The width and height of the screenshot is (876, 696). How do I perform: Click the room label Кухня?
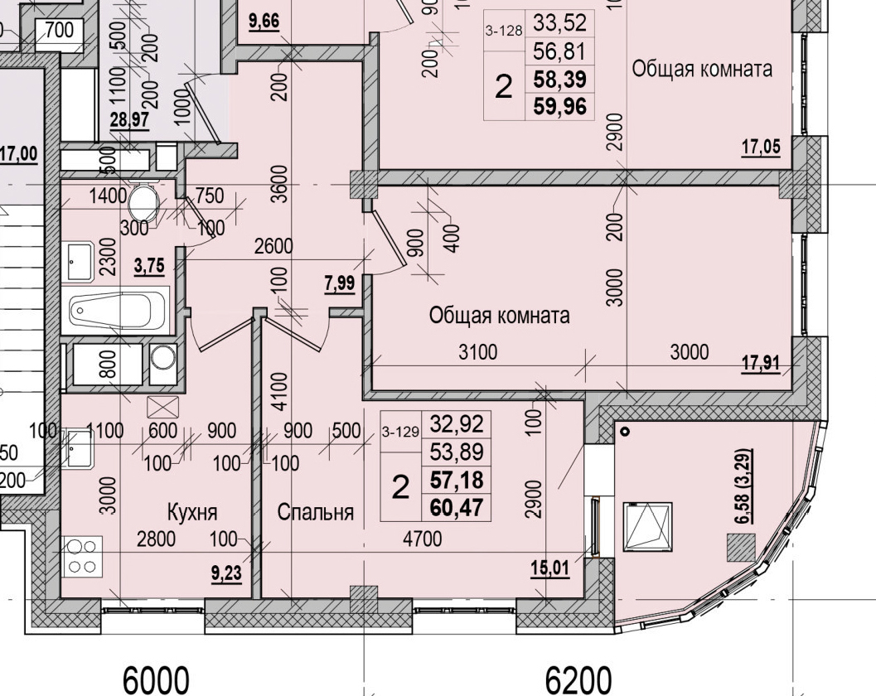(197, 511)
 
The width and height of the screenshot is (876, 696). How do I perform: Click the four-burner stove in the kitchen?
(81, 556)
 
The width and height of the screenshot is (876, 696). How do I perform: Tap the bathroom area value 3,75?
(149, 266)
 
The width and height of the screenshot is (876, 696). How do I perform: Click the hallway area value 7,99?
(340, 284)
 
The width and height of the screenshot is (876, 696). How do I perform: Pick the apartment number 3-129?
(400, 431)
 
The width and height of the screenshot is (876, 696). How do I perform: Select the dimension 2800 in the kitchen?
(156, 539)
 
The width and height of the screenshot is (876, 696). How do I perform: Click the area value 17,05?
(761, 147)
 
